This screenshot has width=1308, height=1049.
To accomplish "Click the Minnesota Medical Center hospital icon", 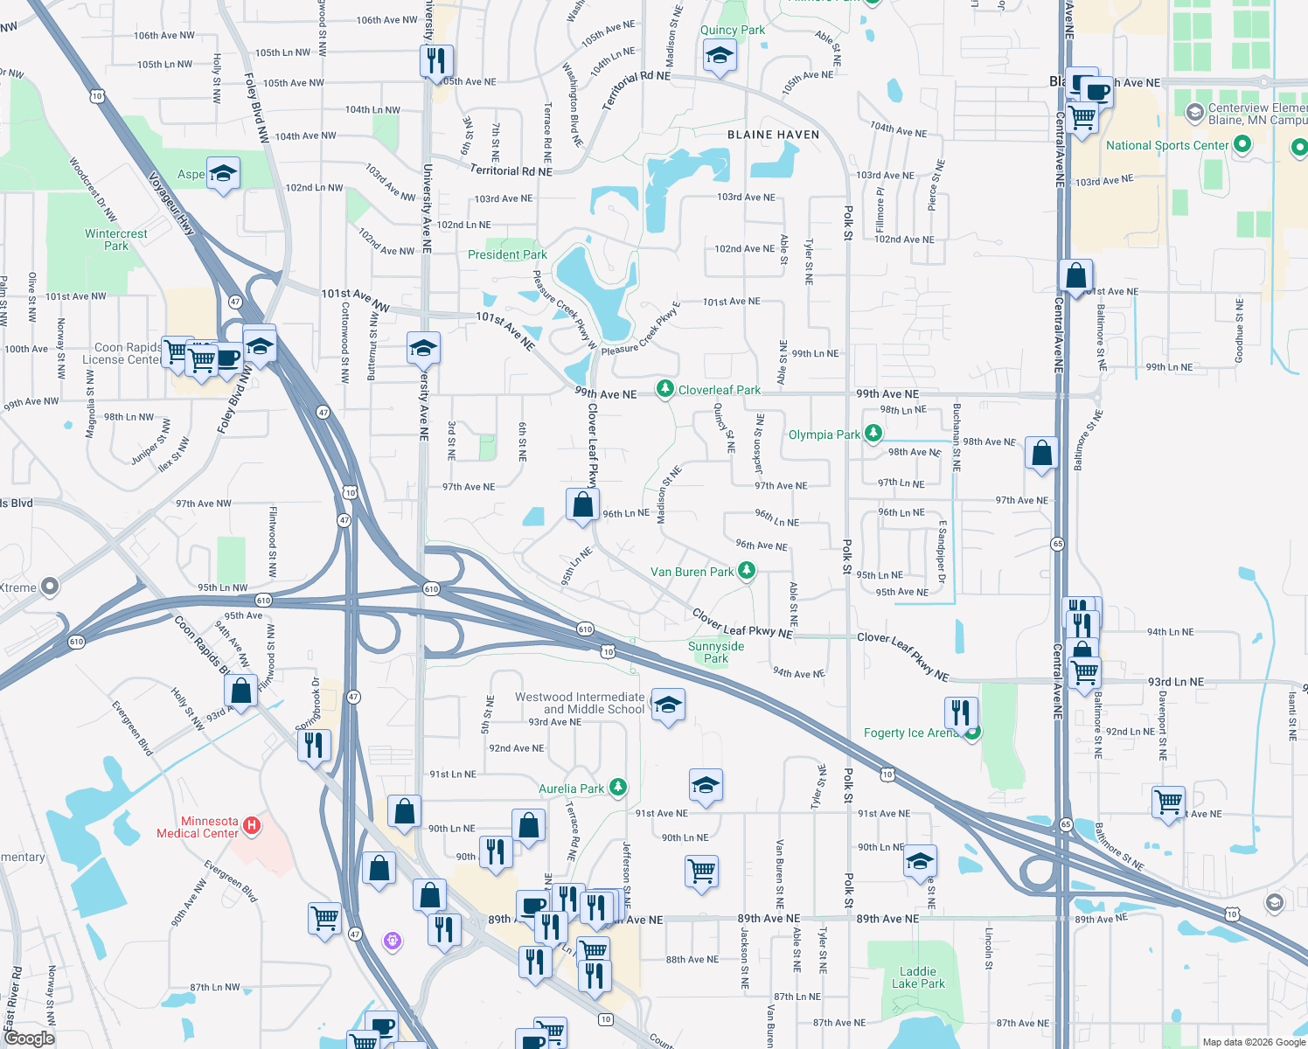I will pos(252,824).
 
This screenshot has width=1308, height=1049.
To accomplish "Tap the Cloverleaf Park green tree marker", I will pos(665,388).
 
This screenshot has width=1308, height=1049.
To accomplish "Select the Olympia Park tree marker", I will pos(873,433).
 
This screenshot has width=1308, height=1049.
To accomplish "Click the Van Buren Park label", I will pos(692,572).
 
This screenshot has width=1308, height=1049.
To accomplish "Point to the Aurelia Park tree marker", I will pos(618,787).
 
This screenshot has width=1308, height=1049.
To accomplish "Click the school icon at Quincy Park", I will pos(720,57).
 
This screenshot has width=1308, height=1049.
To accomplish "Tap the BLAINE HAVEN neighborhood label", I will pos(774,135).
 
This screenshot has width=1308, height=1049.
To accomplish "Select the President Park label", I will pos(507,254).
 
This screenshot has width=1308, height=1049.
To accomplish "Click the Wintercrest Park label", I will pos(116,240).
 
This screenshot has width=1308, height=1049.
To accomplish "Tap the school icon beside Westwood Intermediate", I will pos(668,705).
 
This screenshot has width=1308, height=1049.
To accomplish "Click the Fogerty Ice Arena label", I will pos(910,733).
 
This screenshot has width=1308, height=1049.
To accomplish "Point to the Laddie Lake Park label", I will pos(918,977).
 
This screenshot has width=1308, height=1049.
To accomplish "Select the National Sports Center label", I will pos(1167,145).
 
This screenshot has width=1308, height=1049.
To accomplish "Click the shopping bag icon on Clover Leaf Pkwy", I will pos(582,504).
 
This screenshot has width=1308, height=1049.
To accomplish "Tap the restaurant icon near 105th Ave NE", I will pos(435,61).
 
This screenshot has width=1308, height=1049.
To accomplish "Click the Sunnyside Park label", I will pos(716,652).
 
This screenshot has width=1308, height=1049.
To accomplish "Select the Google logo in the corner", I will pos(29,1039).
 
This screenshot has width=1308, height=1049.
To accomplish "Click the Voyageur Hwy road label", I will pos(171,203).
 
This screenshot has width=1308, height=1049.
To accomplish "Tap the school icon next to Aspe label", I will pos(223,174).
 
